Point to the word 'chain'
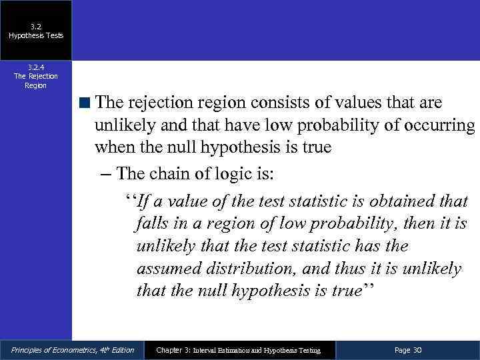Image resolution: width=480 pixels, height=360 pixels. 169,175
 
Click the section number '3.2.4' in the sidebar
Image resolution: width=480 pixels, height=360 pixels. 35,67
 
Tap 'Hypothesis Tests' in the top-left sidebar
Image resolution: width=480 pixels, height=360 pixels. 36,35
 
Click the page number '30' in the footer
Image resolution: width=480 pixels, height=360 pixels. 417,350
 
